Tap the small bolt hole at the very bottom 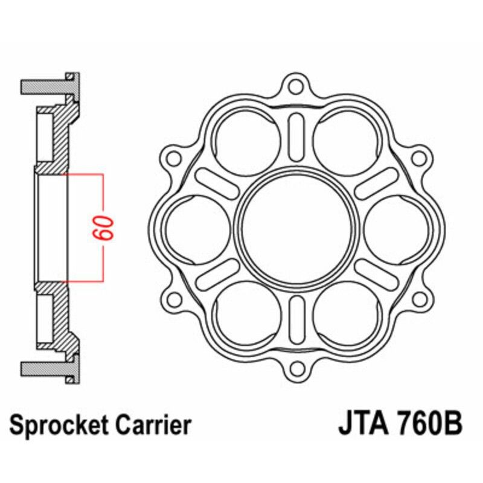pos(295,366)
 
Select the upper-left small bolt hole pos(174,159)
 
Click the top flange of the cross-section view pos(48,86)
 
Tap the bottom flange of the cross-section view pos(48,368)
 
